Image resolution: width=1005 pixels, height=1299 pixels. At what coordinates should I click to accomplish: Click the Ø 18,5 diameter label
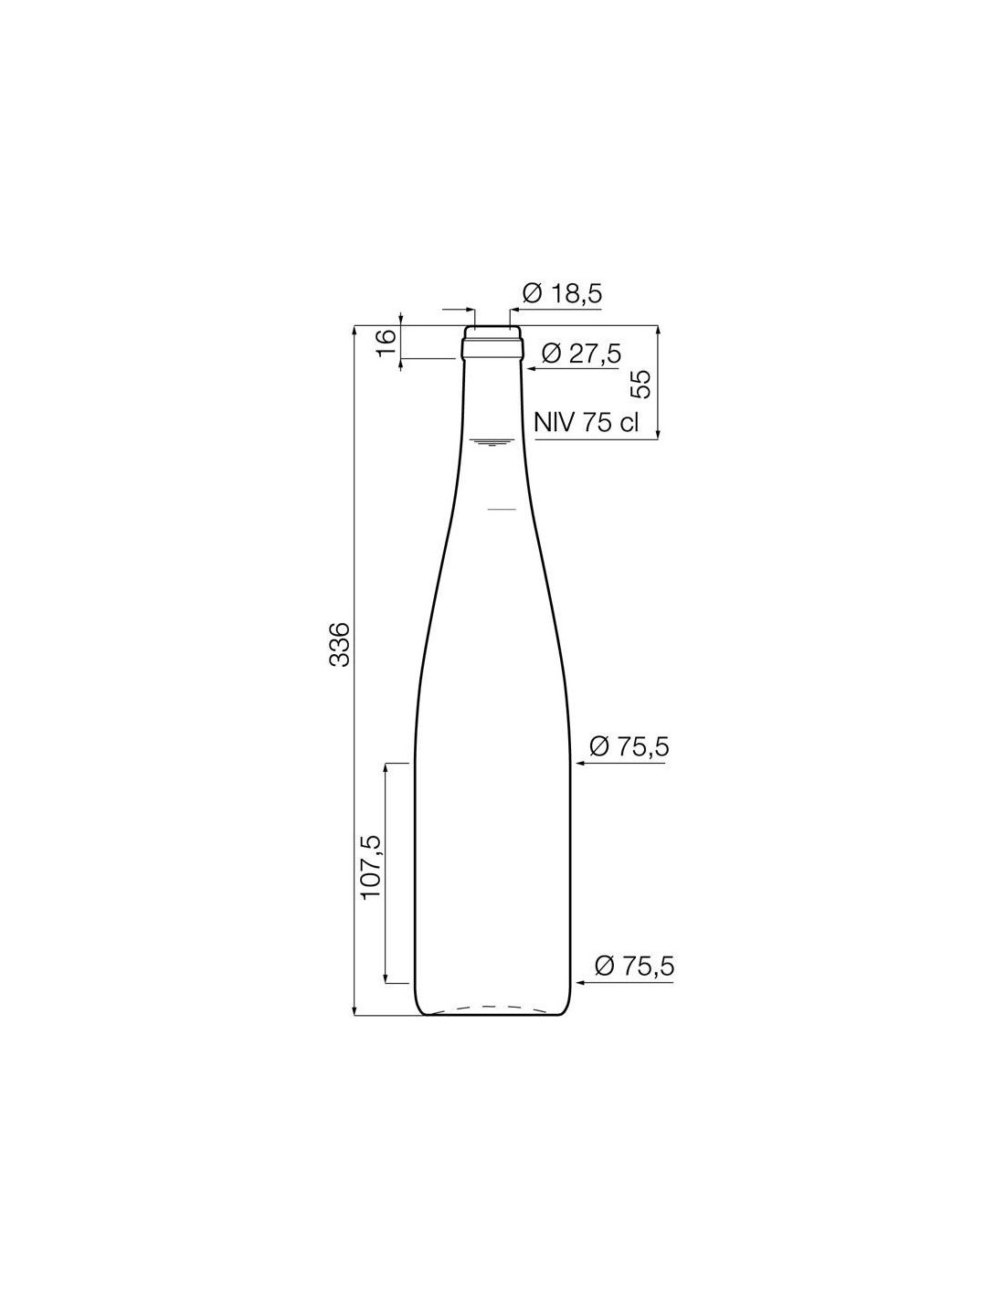tap(561, 293)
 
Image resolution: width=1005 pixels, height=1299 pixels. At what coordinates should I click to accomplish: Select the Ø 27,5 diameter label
tap(581, 354)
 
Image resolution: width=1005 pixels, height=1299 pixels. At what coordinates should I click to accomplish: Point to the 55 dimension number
tap(640, 384)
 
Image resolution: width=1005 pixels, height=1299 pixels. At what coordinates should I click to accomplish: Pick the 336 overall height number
tap(340, 644)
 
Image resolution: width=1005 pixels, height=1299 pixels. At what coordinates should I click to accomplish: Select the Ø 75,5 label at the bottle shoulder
tap(629, 746)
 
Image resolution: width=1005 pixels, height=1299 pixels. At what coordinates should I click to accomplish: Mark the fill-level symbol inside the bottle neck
tap(493, 443)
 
